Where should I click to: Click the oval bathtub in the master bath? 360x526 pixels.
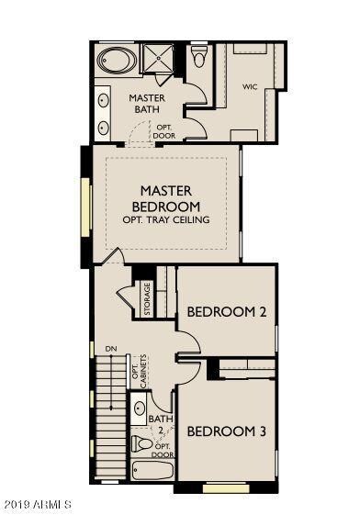(117, 61)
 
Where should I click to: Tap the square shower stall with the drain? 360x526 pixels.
(158, 58)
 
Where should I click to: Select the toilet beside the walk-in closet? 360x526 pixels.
(198, 55)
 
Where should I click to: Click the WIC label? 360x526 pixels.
(250, 87)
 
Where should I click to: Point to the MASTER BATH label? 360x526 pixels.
(147, 104)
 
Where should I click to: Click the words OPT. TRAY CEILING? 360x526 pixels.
(166, 220)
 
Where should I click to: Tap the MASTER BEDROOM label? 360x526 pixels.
(166, 198)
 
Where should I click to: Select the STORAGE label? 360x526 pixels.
(147, 298)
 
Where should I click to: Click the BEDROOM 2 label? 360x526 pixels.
(227, 312)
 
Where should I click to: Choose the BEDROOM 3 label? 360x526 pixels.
(227, 431)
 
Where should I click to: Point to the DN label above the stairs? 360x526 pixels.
(111, 349)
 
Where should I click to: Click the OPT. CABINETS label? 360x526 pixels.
(140, 372)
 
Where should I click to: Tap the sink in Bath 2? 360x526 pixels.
(140, 408)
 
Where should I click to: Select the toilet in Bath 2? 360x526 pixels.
(142, 443)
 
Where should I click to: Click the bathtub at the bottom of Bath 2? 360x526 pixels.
(152, 470)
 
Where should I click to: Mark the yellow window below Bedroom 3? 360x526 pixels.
(227, 488)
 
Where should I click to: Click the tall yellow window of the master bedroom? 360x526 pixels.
(85, 207)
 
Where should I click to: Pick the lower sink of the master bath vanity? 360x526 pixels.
(103, 128)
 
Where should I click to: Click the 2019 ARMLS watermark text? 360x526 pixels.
(38, 504)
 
